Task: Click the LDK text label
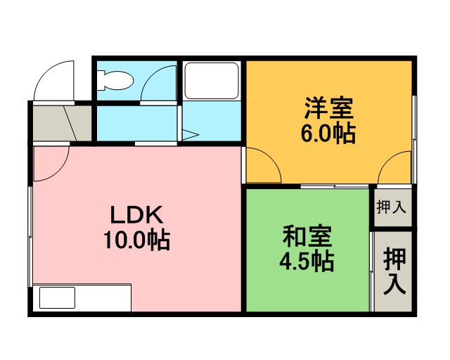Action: tap(137, 214)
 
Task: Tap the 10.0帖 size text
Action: tap(137, 240)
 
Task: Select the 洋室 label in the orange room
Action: tap(328, 108)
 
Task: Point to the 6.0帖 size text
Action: tap(328, 134)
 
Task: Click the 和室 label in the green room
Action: tap(307, 236)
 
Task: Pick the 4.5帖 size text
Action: tap(307, 261)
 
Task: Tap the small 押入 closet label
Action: tap(392, 207)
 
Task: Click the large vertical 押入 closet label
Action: tap(395, 271)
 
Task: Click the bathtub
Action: tap(212, 81)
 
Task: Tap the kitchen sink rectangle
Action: tap(57, 297)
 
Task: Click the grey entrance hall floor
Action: tap(63, 123)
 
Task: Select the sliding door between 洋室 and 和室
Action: tap(335, 186)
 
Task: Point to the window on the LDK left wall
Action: tap(30, 236)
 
